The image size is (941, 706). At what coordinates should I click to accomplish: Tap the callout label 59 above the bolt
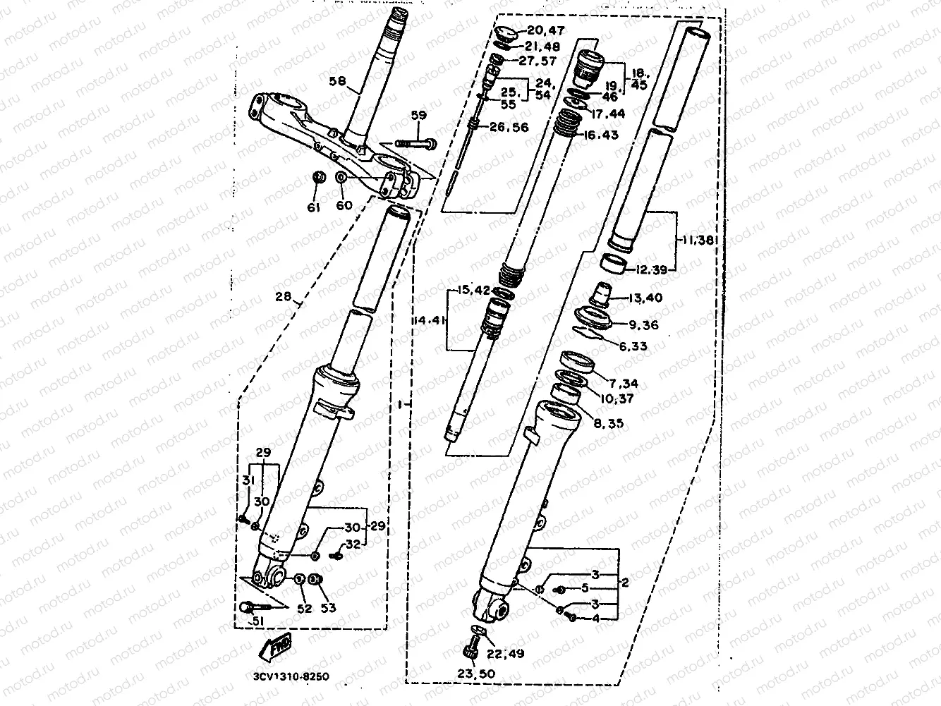click(419, 116)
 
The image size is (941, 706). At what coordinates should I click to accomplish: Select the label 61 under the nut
click(313, 207)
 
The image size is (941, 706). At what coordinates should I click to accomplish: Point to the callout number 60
click(344, 205)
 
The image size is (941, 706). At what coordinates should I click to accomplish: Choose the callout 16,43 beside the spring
click(600, 134)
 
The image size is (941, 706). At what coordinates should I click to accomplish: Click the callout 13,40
click(643, 298)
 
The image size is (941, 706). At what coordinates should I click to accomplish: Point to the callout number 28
click(283, 298)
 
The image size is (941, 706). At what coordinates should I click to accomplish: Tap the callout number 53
click(328, 608)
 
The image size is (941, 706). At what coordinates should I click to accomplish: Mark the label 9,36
click(641, 325)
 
